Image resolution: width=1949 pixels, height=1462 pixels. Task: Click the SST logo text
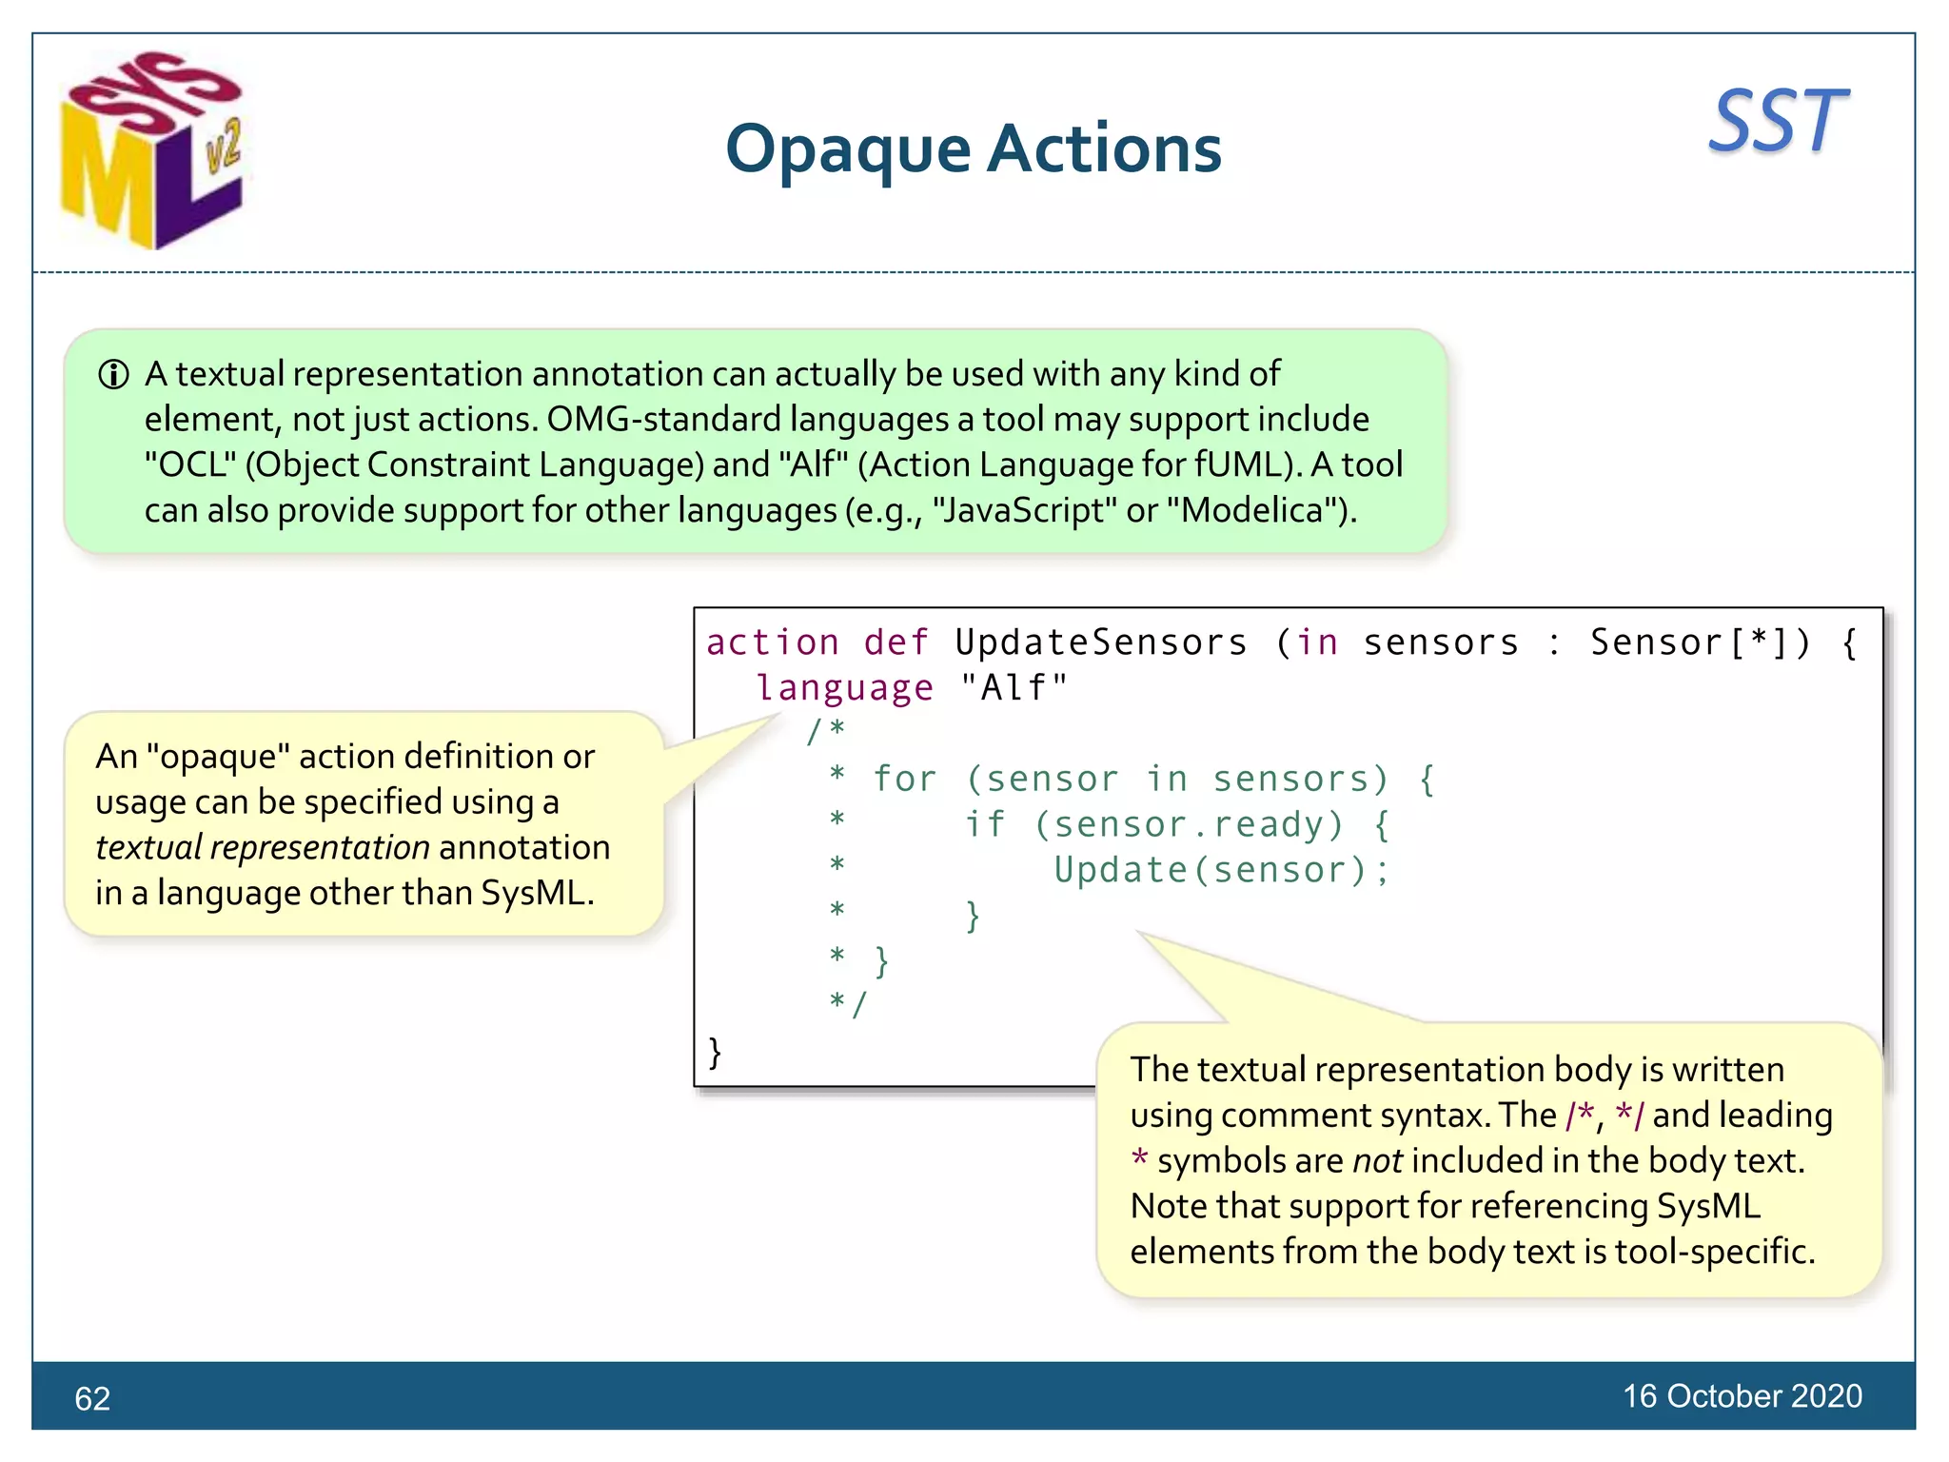tap(1777, 122)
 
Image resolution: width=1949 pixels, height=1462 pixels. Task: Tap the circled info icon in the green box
tap(113, 375)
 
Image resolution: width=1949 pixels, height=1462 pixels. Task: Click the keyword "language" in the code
tap(844, 688)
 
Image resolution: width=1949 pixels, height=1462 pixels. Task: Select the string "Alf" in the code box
tap(1014, 688)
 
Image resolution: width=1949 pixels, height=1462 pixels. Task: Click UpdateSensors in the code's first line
tap(1100, 642)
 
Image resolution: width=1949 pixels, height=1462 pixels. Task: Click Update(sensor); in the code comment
tap(1222, 870)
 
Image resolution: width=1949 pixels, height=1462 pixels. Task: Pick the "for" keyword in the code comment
tap(904, 779)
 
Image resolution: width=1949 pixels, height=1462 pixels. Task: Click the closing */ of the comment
tap(848, 1003)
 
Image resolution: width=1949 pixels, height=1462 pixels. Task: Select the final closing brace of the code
tap(715, 1053)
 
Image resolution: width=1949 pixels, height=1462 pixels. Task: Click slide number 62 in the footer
tap(92, 1398)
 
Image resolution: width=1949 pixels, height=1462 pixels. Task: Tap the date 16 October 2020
tap(1742, 1396)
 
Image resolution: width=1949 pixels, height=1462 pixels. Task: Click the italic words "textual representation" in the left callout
tap(263, 847)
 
